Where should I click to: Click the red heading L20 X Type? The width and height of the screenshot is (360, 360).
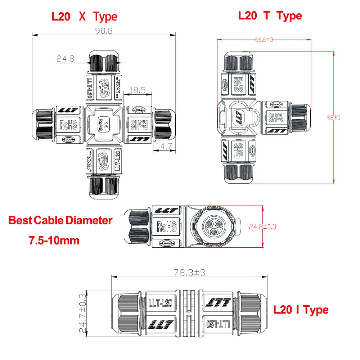[84, 17]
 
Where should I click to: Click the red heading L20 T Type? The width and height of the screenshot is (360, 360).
[270, 15]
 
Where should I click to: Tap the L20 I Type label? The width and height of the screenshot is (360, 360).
[301, 310]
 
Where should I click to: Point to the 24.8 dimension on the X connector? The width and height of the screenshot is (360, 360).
[65, 59]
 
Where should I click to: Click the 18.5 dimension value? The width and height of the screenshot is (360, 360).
[137, 90]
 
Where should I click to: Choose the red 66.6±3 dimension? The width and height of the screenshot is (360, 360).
[264, 40]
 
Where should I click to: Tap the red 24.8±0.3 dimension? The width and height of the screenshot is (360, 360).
[262, 227]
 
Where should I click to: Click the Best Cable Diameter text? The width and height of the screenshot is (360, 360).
[60, 220]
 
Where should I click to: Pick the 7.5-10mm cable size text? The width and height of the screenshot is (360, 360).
[54, 240]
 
